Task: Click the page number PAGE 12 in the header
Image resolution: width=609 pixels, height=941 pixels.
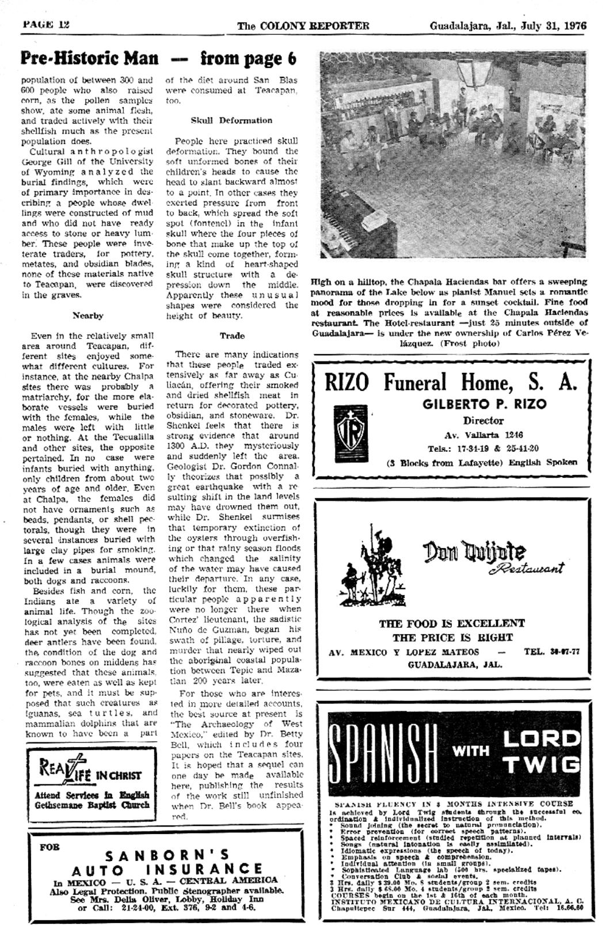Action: tap(46, 25)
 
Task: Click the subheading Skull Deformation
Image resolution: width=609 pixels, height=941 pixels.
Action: tap(231, 120)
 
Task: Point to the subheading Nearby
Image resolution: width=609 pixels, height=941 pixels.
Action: tap(88, 315)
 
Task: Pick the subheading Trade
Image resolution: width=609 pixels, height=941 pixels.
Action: tap(231, 336)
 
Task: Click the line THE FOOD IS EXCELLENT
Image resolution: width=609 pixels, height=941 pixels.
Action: tap(451, 623)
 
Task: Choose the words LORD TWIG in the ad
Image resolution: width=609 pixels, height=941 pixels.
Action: tap(539, 752)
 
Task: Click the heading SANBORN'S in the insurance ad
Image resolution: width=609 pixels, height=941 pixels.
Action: tap(167, 855)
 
